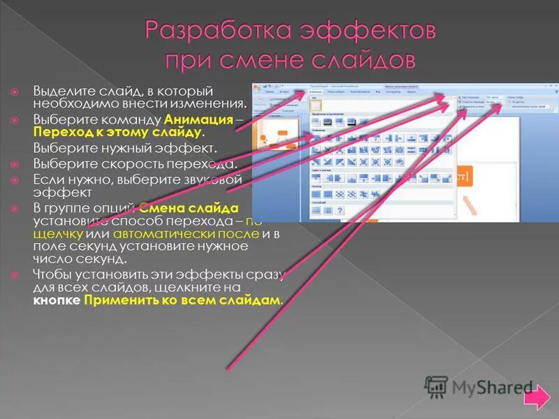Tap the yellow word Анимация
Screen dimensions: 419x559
[x=198, y=119]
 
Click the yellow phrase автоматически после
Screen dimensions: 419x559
[x=185, y=233]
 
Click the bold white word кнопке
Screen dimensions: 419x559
[x=57, y=300]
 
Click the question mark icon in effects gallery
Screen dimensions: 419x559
[x=339, y=210]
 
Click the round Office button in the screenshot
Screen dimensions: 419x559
[x=257, y=89]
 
